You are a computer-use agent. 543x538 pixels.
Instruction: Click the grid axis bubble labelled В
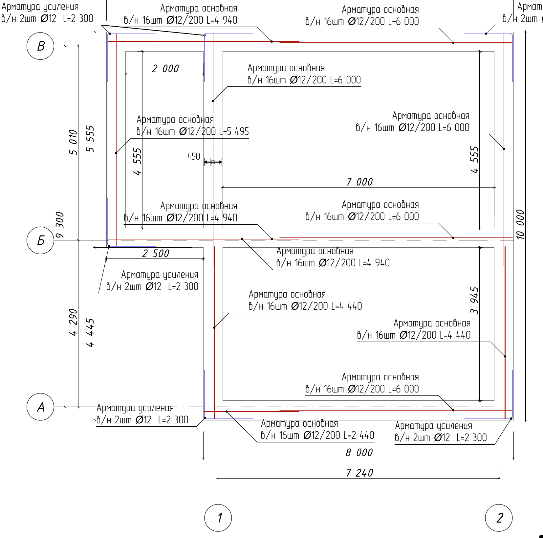click(40, 46)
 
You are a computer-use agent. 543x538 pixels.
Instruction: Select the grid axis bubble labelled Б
click(40, 240)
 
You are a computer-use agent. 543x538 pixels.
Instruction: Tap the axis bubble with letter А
click(40, 407)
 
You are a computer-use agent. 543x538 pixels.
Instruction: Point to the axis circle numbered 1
click(218, 518)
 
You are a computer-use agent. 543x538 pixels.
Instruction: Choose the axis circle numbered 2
click(499, 518)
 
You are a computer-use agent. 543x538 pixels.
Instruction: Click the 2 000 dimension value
click(165, 69)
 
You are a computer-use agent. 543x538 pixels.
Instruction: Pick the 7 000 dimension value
click(359, 182)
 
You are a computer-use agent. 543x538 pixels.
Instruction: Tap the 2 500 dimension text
click(156, 254)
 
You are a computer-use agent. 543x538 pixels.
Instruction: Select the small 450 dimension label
click(194, 156)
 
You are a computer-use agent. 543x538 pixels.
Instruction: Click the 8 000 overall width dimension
click(359, 453)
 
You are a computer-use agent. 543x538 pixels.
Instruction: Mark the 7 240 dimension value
click(359, 473)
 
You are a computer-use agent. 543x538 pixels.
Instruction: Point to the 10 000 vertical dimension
click(520, 224)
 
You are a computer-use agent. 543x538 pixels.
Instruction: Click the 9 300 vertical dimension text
click(60, 225)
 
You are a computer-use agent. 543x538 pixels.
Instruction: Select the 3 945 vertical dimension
click(474, 301)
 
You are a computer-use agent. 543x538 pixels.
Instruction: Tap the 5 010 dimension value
click(73, 142)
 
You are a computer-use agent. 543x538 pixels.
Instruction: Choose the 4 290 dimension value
click(73, 322)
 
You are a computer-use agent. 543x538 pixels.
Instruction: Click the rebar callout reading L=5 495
click(193, 126)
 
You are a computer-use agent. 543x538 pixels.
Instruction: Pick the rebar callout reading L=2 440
click(317, 429)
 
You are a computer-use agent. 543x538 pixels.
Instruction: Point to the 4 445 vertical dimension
click(90, 332)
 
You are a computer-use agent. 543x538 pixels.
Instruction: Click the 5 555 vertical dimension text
click(90, 139)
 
